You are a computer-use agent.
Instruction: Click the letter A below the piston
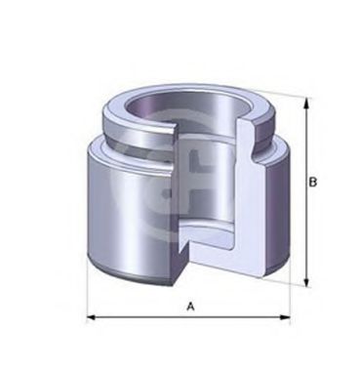191,308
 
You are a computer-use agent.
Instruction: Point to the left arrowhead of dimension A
91,317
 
